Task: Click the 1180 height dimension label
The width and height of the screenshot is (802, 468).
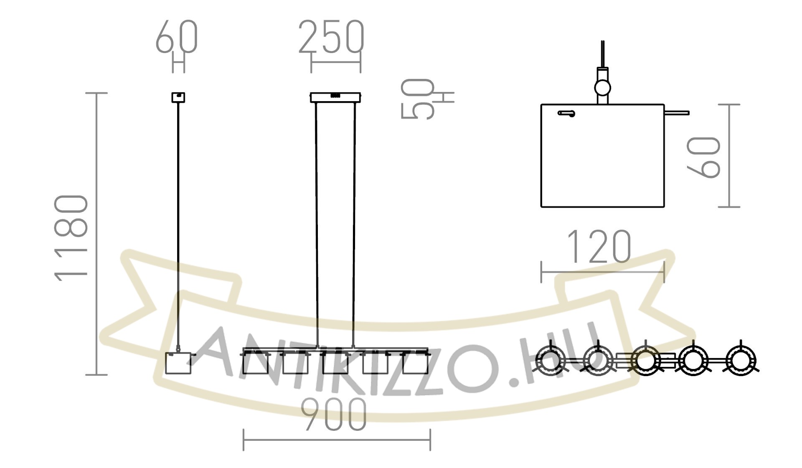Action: click(x=71, y=238)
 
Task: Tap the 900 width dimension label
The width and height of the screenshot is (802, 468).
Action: click(x=334, y=415)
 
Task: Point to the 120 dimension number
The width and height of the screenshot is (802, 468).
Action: click(x=599, y=247)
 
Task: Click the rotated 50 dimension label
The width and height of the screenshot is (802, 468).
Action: click(x=417, y=99)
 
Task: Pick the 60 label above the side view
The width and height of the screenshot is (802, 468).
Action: click(x=176, y=36)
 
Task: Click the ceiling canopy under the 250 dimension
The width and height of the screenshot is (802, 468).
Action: click(x=335, y=97)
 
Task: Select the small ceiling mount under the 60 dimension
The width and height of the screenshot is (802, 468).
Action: click(x=178, y=97)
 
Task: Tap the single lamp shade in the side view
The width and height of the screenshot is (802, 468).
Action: click(x=178, y=363)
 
